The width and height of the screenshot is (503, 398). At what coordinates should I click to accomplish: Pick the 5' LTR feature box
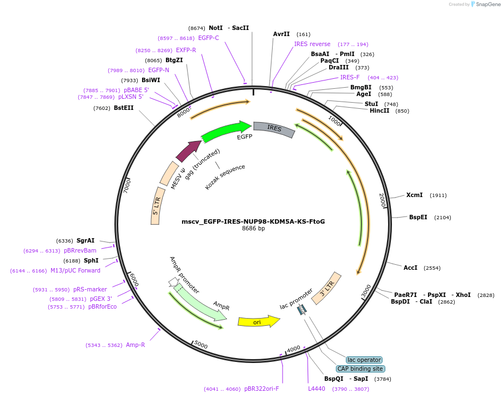(156, 205)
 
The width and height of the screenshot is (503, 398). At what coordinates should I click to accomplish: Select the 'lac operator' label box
(364, 360)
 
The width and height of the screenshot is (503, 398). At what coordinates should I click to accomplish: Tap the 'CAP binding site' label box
(360, 369)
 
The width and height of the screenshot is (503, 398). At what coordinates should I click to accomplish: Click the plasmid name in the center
(253, 221)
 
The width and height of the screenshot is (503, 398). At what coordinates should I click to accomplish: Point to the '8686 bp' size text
(253, 228)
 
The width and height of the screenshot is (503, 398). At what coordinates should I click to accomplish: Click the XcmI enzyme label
(414, 195)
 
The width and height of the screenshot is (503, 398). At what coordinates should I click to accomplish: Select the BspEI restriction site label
(418, 217)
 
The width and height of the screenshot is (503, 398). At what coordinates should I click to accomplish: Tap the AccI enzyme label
(410, 268)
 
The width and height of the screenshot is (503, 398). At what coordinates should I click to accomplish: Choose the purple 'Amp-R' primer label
(135, 345)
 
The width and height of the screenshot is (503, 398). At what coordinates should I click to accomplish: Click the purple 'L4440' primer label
(316, 389)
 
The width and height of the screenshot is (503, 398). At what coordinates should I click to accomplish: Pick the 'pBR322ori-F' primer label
(261, 389)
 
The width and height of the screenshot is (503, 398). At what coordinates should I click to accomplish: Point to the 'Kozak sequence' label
(225, 177)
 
